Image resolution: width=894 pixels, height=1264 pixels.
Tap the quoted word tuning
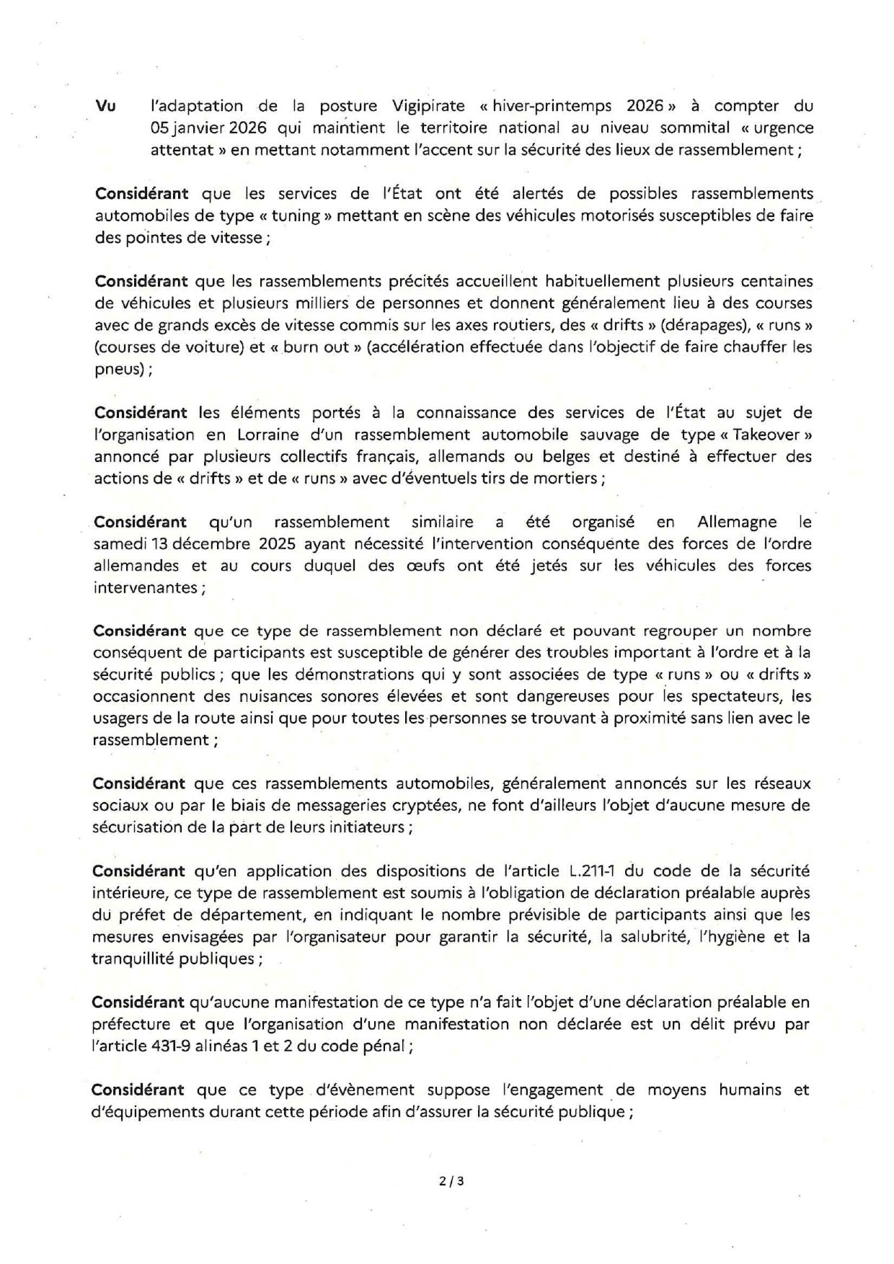[x=297, y=215]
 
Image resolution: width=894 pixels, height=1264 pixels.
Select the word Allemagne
[x=737, y=522]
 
